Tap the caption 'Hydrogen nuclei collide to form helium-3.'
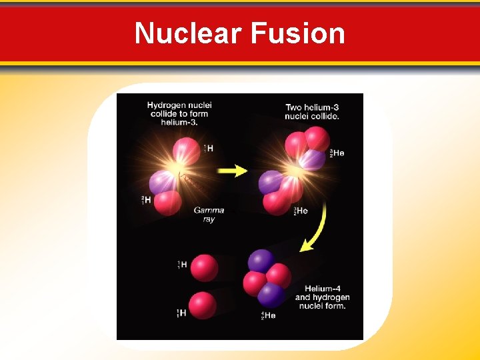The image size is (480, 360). click(179, 113)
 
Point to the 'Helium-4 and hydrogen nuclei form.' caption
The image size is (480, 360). click(323, 297)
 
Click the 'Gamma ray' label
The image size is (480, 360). click(209, 215)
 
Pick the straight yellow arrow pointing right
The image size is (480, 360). click(233, 171)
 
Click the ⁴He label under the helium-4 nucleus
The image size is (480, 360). click(268, 315)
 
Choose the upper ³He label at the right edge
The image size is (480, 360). click(336, 154)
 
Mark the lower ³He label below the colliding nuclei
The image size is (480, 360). click(301, 211)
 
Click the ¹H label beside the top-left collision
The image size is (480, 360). click(208, 148)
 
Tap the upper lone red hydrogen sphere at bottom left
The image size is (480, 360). click(204, 268)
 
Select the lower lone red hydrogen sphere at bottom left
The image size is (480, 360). click(202, 305)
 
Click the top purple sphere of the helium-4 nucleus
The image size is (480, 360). click(261, 261)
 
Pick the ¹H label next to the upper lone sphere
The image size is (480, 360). click(182, 265)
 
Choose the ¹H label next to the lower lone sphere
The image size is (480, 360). click(181, 313)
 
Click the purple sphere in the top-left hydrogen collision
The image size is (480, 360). click(161, 181)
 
